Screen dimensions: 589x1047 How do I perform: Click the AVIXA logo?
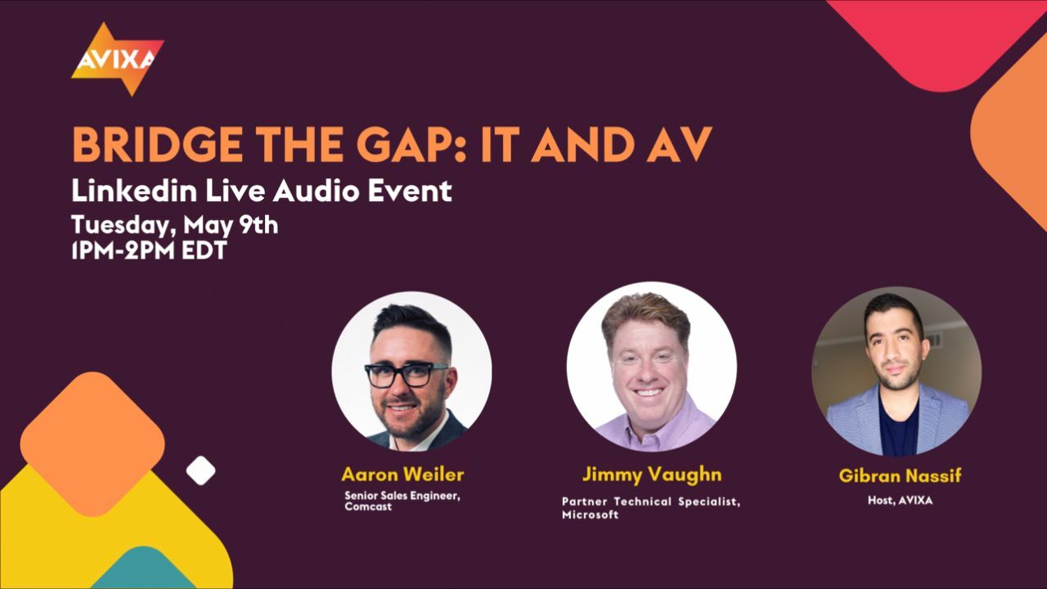[x=116, y=58]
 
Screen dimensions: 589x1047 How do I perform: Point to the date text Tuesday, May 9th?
[x=174, y=224]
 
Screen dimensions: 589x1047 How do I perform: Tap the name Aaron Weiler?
[x=402, y=474]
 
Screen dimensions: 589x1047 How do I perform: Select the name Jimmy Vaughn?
[x=651, y=474]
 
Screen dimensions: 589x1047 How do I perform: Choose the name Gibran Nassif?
[x=899, y=476]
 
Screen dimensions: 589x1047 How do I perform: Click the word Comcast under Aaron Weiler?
[x=368, y=506]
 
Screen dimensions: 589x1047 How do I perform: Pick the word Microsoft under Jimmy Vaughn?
[x=590, y=515]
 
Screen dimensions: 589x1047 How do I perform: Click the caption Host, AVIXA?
[x=899, y=501]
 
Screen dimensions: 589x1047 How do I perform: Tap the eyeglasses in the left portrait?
[x=406, y=375]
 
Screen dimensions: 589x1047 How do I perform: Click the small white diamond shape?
[x=200, y=470]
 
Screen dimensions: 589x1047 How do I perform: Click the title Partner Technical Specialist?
[x=651, y=501]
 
